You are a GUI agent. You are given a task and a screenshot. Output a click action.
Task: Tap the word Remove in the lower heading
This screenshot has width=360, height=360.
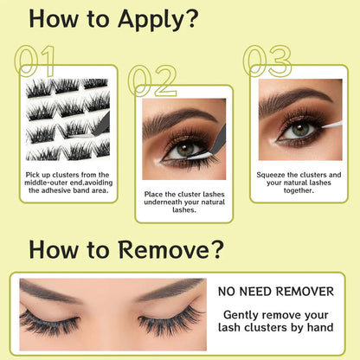pos(164,250)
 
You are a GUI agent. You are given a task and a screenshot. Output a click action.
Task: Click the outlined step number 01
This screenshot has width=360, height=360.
pos(35,61)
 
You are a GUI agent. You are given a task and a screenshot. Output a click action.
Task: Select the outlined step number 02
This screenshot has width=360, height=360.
pos(151,80)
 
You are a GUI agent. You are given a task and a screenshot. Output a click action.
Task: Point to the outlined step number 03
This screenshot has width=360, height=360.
pos(267,61)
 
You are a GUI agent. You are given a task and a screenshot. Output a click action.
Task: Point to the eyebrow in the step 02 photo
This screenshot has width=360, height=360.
pos(179,119)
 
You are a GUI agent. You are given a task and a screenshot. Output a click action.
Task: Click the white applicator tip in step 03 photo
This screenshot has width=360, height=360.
pos(331,125)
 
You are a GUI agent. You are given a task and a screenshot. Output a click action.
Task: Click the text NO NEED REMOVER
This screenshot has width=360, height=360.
pos(276,292)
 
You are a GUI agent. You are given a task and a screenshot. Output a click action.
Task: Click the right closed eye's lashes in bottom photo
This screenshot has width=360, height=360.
pos(170,321)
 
